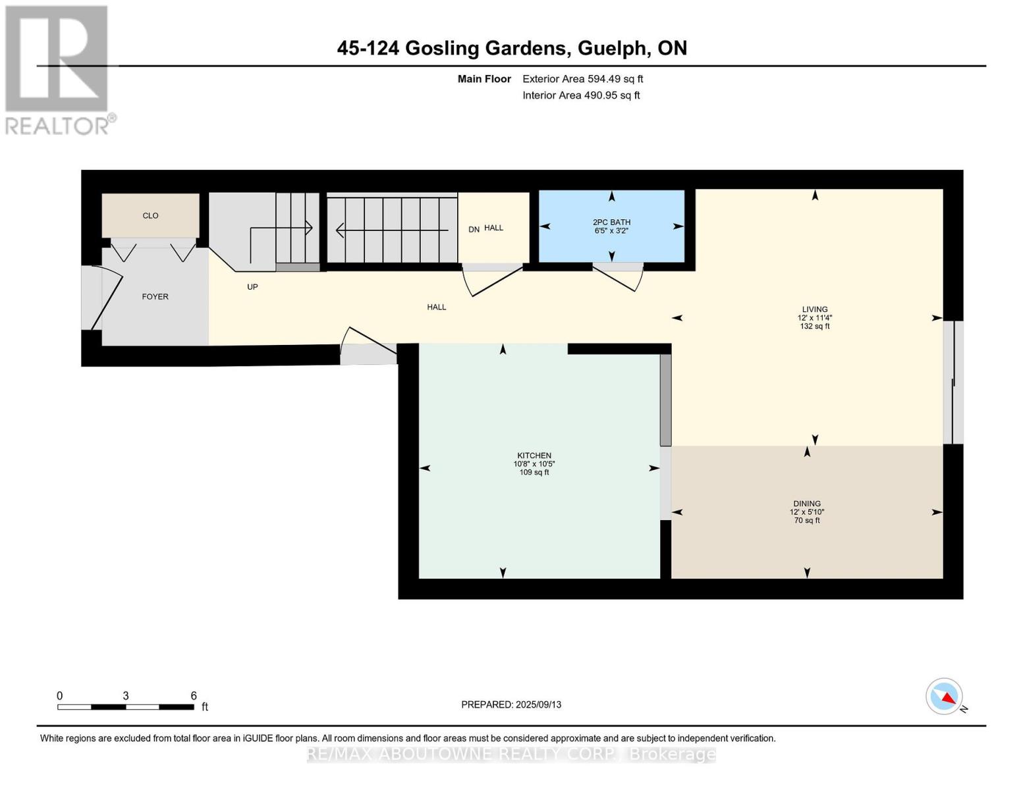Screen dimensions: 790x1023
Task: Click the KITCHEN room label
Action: click(534, 456)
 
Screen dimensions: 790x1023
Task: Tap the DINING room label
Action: click(806, 504)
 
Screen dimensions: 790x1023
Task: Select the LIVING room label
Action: click(814, 309)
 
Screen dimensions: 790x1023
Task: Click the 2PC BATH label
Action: click(611, 223)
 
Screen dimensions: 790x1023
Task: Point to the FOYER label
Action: click(155, 297)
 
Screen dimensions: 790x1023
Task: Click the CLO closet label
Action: click(150, 216)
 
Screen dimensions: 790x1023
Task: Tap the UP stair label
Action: click(252, 287)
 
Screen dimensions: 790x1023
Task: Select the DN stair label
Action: click(474, 229)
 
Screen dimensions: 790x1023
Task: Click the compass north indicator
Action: click(945, 697)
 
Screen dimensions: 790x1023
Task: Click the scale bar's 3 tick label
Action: click(125, 696)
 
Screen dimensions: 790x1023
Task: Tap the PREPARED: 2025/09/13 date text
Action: click(511, 704)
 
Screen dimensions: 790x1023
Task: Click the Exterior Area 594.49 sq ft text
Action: click(582, 79)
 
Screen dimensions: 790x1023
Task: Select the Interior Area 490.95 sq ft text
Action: click(581, 95)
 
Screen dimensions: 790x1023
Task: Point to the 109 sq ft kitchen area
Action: click(534, 472)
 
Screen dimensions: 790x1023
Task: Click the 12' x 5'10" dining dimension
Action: click(806, 512)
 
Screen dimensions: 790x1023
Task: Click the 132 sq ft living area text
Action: click(814, 326)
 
